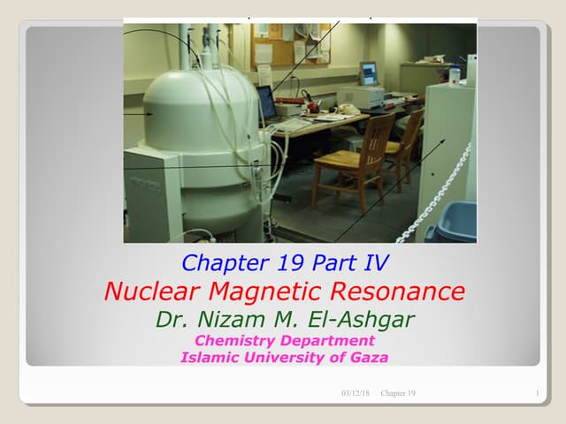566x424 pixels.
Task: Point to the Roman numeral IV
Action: [373, 261]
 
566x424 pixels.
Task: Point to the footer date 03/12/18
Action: [356, 392]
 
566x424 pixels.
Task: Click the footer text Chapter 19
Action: [398, 392]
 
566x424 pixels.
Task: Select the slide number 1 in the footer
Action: [538, 392]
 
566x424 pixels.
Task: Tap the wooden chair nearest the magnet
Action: [354, 159]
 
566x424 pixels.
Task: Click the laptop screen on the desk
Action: [266, 102]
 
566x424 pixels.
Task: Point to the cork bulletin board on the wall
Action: [279, 40]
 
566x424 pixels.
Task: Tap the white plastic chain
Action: [433, 199]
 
